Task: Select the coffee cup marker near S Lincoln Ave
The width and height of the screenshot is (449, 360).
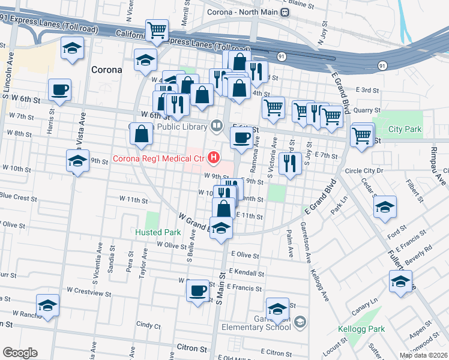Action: [x=60, y=91]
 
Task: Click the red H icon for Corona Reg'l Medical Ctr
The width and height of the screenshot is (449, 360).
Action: [x=212, y=158]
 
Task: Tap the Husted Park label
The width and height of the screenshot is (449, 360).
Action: [x=158, y=232]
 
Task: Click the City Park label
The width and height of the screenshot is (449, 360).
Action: [x=405, y=129]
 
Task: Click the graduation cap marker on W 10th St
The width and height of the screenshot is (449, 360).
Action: [x=77, y=161]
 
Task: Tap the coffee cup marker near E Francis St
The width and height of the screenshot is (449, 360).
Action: [x=197, y=292]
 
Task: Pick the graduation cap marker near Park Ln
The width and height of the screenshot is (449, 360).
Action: [x=384, y=208]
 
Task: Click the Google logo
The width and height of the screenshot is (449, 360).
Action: [x=20, y=353]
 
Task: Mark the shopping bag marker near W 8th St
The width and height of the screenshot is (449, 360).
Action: [x=141, y=135]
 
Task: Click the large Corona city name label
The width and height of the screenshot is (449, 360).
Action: [x=106, y=70]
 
